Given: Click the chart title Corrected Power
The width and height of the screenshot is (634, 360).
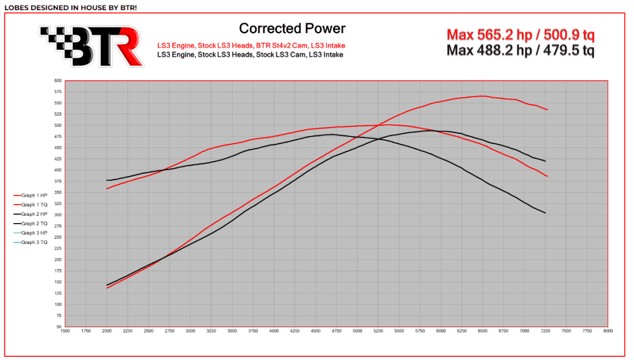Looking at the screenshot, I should coord(292,28).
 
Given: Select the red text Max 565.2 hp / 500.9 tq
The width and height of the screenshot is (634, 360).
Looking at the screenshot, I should coord(520,35).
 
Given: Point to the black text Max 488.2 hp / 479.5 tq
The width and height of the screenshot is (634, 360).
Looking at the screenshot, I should coord(520,50).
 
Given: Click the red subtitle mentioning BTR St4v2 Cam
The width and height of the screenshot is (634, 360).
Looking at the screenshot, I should coord(251,45).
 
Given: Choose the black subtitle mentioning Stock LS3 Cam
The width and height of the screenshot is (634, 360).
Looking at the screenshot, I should coord(250,54).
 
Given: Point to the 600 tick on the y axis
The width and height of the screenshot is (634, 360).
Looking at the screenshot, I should coord(58,81).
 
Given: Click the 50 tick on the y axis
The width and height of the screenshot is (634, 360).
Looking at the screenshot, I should coord(59,327).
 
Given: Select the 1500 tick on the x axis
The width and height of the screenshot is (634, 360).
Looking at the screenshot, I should coord(65,331).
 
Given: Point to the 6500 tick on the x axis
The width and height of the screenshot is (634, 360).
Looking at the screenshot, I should coord(482,331).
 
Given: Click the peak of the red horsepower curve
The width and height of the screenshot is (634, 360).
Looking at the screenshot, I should coord(482,96).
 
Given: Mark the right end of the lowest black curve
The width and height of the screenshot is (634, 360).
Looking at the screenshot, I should coord(546,213).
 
